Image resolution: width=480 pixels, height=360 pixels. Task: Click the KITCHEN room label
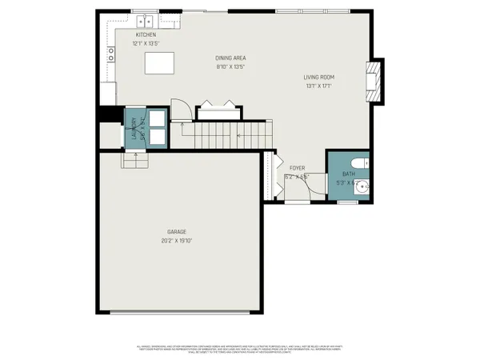tap(146, 35)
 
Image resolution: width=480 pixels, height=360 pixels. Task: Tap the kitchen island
tap(159, 62)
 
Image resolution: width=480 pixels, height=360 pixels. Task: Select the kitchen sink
tap(145, 18)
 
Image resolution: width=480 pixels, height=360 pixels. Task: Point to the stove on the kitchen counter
tap(111, 54)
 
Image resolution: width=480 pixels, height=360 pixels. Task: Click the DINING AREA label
tap(230, 58)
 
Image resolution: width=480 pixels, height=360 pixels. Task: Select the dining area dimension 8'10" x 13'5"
tap(230, 67)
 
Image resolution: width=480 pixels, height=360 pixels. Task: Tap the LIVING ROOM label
tap(318, 77)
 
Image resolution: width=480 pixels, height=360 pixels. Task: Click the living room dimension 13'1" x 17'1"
tap(318, 86)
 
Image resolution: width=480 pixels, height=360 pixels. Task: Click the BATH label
tap(349, 174)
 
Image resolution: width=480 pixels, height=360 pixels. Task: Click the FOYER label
tap(297, 169)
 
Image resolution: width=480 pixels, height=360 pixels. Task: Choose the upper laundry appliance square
tap(158, 117)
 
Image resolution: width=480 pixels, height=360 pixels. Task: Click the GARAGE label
tap(178, 231)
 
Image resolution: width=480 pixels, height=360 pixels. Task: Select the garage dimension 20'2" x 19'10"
tap(178, 240)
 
